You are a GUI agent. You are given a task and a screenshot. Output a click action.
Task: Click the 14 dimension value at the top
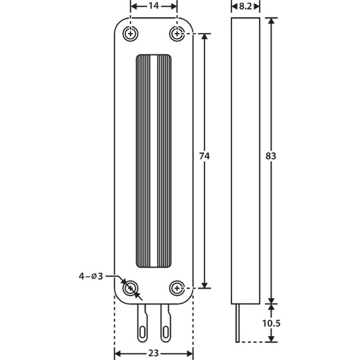pyautogui.click(x=154, y=6)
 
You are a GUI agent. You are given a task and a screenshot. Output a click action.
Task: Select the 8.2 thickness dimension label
pyautogui.click(x=246, y=6)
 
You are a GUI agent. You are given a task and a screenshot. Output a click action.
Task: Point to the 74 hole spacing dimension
pyautogui.click(x=204, y=156)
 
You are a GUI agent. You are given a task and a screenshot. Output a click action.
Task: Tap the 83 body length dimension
pyautogui.click(x=271, y=156)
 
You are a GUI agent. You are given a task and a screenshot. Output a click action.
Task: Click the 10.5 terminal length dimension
pyautogui.click(x=271, y=324)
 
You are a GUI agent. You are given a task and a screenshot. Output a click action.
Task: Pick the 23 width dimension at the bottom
pyautogui.click(x=153, y=354)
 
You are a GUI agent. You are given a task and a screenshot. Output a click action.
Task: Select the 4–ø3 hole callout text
pyautogui.click(x=91, y=276)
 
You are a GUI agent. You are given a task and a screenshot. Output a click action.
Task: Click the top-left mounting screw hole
pyautogui.click(x=130, y=34)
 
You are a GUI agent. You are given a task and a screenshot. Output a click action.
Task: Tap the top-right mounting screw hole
pyautogui.click(x=177, y=34)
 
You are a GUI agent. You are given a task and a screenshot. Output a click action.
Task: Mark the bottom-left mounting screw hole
pyautogui.click(x=130, y=288)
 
